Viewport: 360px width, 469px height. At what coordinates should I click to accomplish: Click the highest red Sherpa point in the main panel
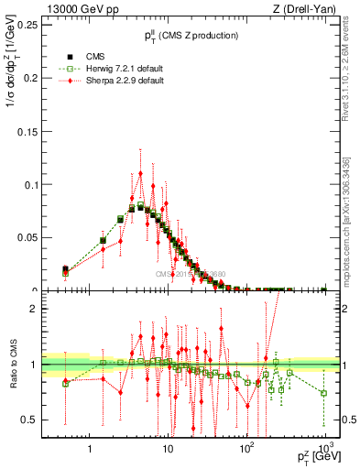click(x=140, y=173)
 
